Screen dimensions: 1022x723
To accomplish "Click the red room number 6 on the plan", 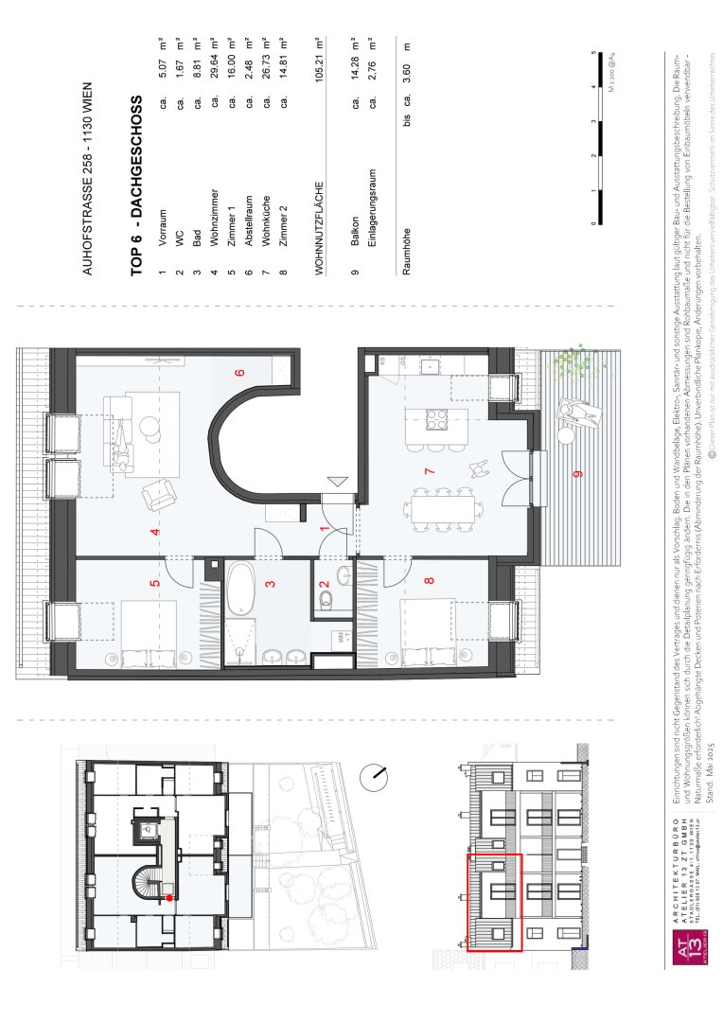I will pos(240,372).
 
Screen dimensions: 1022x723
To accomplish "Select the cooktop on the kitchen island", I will pos(436,417).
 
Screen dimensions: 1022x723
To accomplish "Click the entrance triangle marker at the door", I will pos(338,483).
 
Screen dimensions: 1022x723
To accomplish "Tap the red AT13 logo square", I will pos(689,947).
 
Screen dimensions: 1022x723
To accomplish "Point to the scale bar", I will pos(597,137).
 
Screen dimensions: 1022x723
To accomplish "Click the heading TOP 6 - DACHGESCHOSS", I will pos(136,185).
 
